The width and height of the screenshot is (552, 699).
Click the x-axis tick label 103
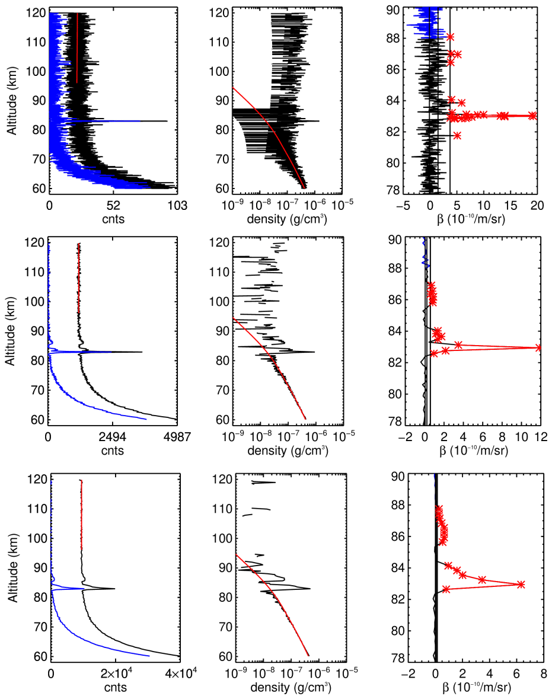pos(177,206)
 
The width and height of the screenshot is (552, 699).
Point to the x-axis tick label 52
pos(114,206)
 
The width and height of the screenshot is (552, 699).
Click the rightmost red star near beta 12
pos(538,347)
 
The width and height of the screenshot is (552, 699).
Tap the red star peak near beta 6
pos(521,584)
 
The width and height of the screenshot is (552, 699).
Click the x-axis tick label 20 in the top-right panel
pos(537,206)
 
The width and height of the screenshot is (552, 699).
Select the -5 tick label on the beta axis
pos(401,206)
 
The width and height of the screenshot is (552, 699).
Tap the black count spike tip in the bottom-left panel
pos(114,589)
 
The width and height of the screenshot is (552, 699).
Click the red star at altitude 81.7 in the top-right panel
pos(457,135)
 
